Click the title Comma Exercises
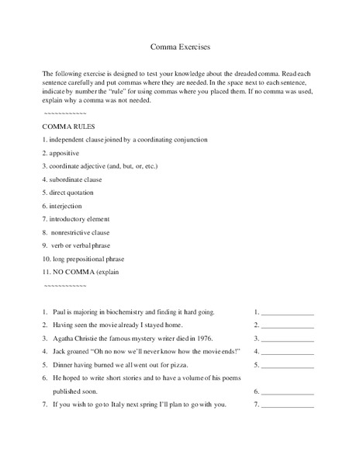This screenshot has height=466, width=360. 180,46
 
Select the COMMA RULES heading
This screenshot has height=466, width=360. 69,126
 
